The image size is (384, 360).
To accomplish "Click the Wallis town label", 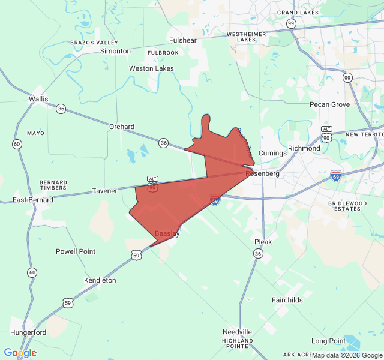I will point(38,99).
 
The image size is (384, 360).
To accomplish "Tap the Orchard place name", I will point(122,127).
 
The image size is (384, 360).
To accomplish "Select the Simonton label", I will point(115,51).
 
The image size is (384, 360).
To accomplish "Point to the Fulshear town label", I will point(183,40).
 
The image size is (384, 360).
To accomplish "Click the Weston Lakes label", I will point(152,68).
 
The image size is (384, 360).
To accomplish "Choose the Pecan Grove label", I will point(329,104).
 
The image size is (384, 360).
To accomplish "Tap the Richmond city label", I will point(304,148).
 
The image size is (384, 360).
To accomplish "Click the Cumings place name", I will point(272,153).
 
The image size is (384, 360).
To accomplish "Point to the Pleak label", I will point(263,242).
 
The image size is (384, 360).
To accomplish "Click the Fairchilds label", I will point(287,300).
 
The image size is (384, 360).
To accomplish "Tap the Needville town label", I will point(237,332).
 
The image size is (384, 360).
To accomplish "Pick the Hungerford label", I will point(28,332).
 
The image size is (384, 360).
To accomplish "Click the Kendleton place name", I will point(100,280).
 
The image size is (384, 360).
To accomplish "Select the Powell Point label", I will point(76,251).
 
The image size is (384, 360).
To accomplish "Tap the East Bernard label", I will point(33,199).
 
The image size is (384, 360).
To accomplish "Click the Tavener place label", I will point(105,191).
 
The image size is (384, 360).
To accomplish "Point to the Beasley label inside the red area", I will point(167,233).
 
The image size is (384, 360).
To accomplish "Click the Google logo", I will point(20,353).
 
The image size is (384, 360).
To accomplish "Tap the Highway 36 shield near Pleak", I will point(258,254).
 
